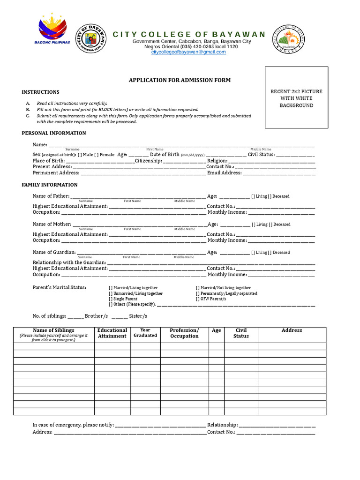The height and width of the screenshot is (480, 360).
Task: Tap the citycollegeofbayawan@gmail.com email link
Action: click(x=188, y=52)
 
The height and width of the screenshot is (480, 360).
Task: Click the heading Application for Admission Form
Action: click(x=180, y=80)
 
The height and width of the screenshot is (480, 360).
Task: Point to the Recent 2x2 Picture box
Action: click(x=296, y=97)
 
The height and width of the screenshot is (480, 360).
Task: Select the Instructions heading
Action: click(x=40, y=92)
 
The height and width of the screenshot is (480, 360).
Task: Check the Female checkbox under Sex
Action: click(x=96, y=155)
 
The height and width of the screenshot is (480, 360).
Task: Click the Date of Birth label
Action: click(x=164, y=154)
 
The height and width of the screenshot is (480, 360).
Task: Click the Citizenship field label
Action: click(x=149, y=161)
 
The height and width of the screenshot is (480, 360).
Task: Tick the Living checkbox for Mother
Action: click(x=254, y=225)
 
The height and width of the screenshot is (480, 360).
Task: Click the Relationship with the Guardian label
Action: click(x=69, y=262)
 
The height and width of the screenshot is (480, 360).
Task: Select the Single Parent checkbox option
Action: click(x=111, y=299)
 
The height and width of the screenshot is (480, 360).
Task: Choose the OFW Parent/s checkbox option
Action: click(x=198, y=299)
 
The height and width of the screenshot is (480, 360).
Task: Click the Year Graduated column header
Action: click(x=145, y=333)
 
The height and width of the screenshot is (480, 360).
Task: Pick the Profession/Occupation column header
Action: click(x=184, y=333)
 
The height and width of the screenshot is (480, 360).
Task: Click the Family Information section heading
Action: click(x=50, y=185)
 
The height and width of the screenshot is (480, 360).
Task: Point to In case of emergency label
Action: click(x=73, y=425)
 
